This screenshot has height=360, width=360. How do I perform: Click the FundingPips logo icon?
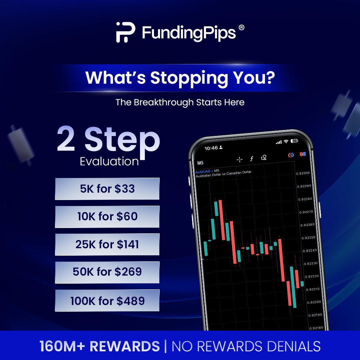tap(125, 32)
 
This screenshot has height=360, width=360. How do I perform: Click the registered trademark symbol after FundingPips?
tap(242, 28)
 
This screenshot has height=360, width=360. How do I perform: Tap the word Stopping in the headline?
tap(194, 78)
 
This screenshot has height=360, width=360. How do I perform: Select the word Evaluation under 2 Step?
tap(109, 161)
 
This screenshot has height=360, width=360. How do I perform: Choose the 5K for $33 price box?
tap(107, 189)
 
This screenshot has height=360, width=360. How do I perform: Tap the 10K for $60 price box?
tap(107, 217)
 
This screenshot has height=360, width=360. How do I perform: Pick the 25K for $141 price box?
tap(107, 244)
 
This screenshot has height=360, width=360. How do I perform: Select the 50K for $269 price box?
tap(107, 272)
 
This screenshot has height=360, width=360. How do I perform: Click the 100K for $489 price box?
tap(107, 300)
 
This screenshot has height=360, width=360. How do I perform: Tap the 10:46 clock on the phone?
tap(211, 147)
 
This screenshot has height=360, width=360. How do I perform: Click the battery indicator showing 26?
tap(294, 141)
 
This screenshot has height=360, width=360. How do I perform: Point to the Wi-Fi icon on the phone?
tap(286, 142)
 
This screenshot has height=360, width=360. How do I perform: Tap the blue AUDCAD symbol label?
tap(203, 171)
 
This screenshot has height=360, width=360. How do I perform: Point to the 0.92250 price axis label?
tap(308, 238)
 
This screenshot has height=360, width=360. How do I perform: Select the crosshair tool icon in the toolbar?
tap(239, 159)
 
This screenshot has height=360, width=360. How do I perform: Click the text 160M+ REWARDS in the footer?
tap(100, 346)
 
